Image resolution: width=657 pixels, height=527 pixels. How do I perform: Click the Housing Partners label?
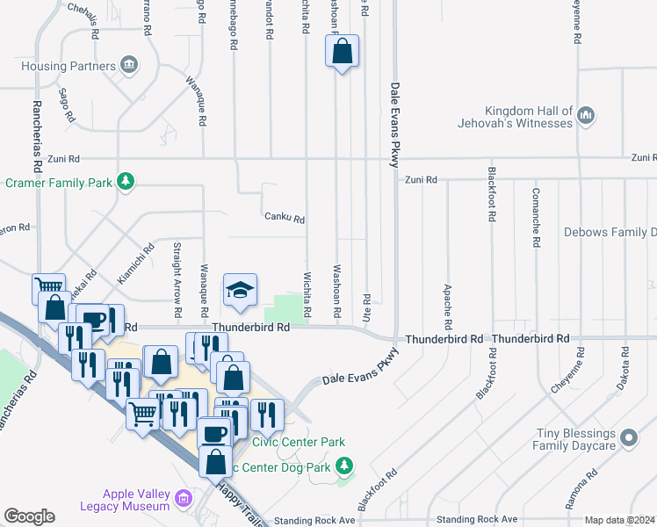(x=69, y=66)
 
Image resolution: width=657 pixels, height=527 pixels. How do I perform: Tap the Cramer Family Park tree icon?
(x=127, y=181)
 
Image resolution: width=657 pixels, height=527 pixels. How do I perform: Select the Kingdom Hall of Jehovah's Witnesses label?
(x=516, y=117)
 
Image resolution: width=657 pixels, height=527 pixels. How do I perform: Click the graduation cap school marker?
(x=239, y=290)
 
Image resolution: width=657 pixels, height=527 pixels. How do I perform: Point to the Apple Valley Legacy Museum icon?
(x=184, y=500)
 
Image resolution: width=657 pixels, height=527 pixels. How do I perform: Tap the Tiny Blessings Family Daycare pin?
(x=628, y=437)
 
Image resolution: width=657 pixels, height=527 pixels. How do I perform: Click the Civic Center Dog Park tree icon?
(x=346, y=465)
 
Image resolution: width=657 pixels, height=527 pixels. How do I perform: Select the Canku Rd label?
(x=284, y=218)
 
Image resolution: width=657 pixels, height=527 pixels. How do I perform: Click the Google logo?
(x=29, y=516)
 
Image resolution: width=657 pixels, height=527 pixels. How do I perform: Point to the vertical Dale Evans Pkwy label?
(x=394, y=123)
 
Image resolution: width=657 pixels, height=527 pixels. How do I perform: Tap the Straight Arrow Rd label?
(x=177, y=278)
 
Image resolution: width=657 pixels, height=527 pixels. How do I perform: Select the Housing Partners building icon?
(x=129, y=65)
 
